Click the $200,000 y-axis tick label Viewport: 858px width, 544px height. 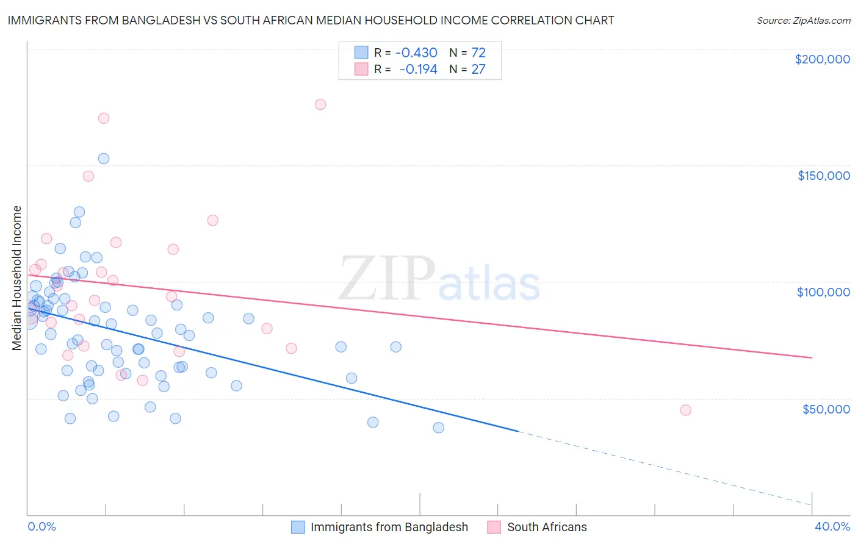coord(822,59)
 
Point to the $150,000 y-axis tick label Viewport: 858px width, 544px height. coord(823,176)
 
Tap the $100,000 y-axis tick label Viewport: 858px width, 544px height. coord(823,292)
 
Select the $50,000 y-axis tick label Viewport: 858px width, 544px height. coord(826,409)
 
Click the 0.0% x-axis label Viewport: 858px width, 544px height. coord(41,526)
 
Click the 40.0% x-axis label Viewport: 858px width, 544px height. coord(832,526)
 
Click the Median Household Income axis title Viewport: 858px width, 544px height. coord(17,278)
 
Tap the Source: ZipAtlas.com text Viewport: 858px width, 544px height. coord(803,20)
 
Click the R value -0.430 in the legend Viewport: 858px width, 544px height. coord(416,52)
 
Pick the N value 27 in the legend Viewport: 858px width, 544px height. coord(478,70)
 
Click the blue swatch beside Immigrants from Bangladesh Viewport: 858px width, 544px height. coord(298,527)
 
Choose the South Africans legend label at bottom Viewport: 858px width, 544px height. coord(547,527)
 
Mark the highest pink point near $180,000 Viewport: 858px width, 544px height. coord(320,104)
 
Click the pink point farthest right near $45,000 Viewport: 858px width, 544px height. coord(685,410)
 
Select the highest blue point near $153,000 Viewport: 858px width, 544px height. coord(104,159)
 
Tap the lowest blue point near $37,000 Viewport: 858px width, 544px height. coord(438,428)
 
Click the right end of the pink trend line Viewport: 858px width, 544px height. coord(812,357)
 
